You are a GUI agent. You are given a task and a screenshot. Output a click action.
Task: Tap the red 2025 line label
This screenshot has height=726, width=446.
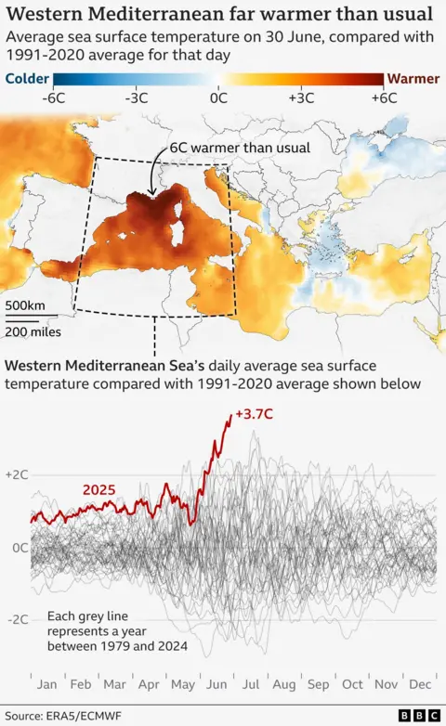99,489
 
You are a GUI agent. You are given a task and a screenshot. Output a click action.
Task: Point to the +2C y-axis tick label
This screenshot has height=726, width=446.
17,474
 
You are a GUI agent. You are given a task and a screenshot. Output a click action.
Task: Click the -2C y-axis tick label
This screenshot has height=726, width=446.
16,619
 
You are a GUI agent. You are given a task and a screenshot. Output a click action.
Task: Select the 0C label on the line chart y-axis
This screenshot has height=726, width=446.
18,547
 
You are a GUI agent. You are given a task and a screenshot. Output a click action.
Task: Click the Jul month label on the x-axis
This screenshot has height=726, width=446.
251,684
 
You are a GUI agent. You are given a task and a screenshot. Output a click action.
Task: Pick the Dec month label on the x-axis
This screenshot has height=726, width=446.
421,684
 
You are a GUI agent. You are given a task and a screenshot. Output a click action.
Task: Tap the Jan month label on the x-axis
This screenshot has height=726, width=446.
46,684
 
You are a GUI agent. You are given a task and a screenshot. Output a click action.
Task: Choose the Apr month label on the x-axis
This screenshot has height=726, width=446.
149,684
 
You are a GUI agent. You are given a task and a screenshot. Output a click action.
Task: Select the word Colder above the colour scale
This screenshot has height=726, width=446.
28,79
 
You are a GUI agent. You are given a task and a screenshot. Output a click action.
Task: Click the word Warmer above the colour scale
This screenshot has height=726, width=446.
413,79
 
